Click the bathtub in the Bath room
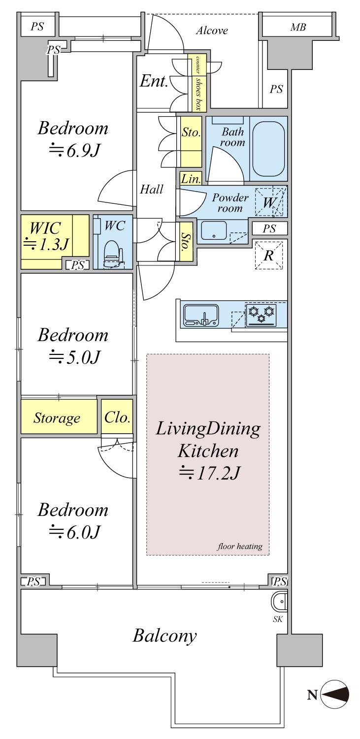coord(268,149)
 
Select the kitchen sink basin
coord(200,315)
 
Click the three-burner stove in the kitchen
coord(261,315)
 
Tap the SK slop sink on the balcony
coord(279,602)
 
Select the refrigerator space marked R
coord(269,256)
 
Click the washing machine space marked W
coord(268,202)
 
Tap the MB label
coord(298,27)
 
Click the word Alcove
coord(212,31)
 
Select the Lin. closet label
coord(191,179)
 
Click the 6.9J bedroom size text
coord(74,151)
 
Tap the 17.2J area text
coord(209,473)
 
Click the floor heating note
coord(240,546)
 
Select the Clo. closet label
coord(117,418)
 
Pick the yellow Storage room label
coord(57,418)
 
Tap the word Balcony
coord(164,636)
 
